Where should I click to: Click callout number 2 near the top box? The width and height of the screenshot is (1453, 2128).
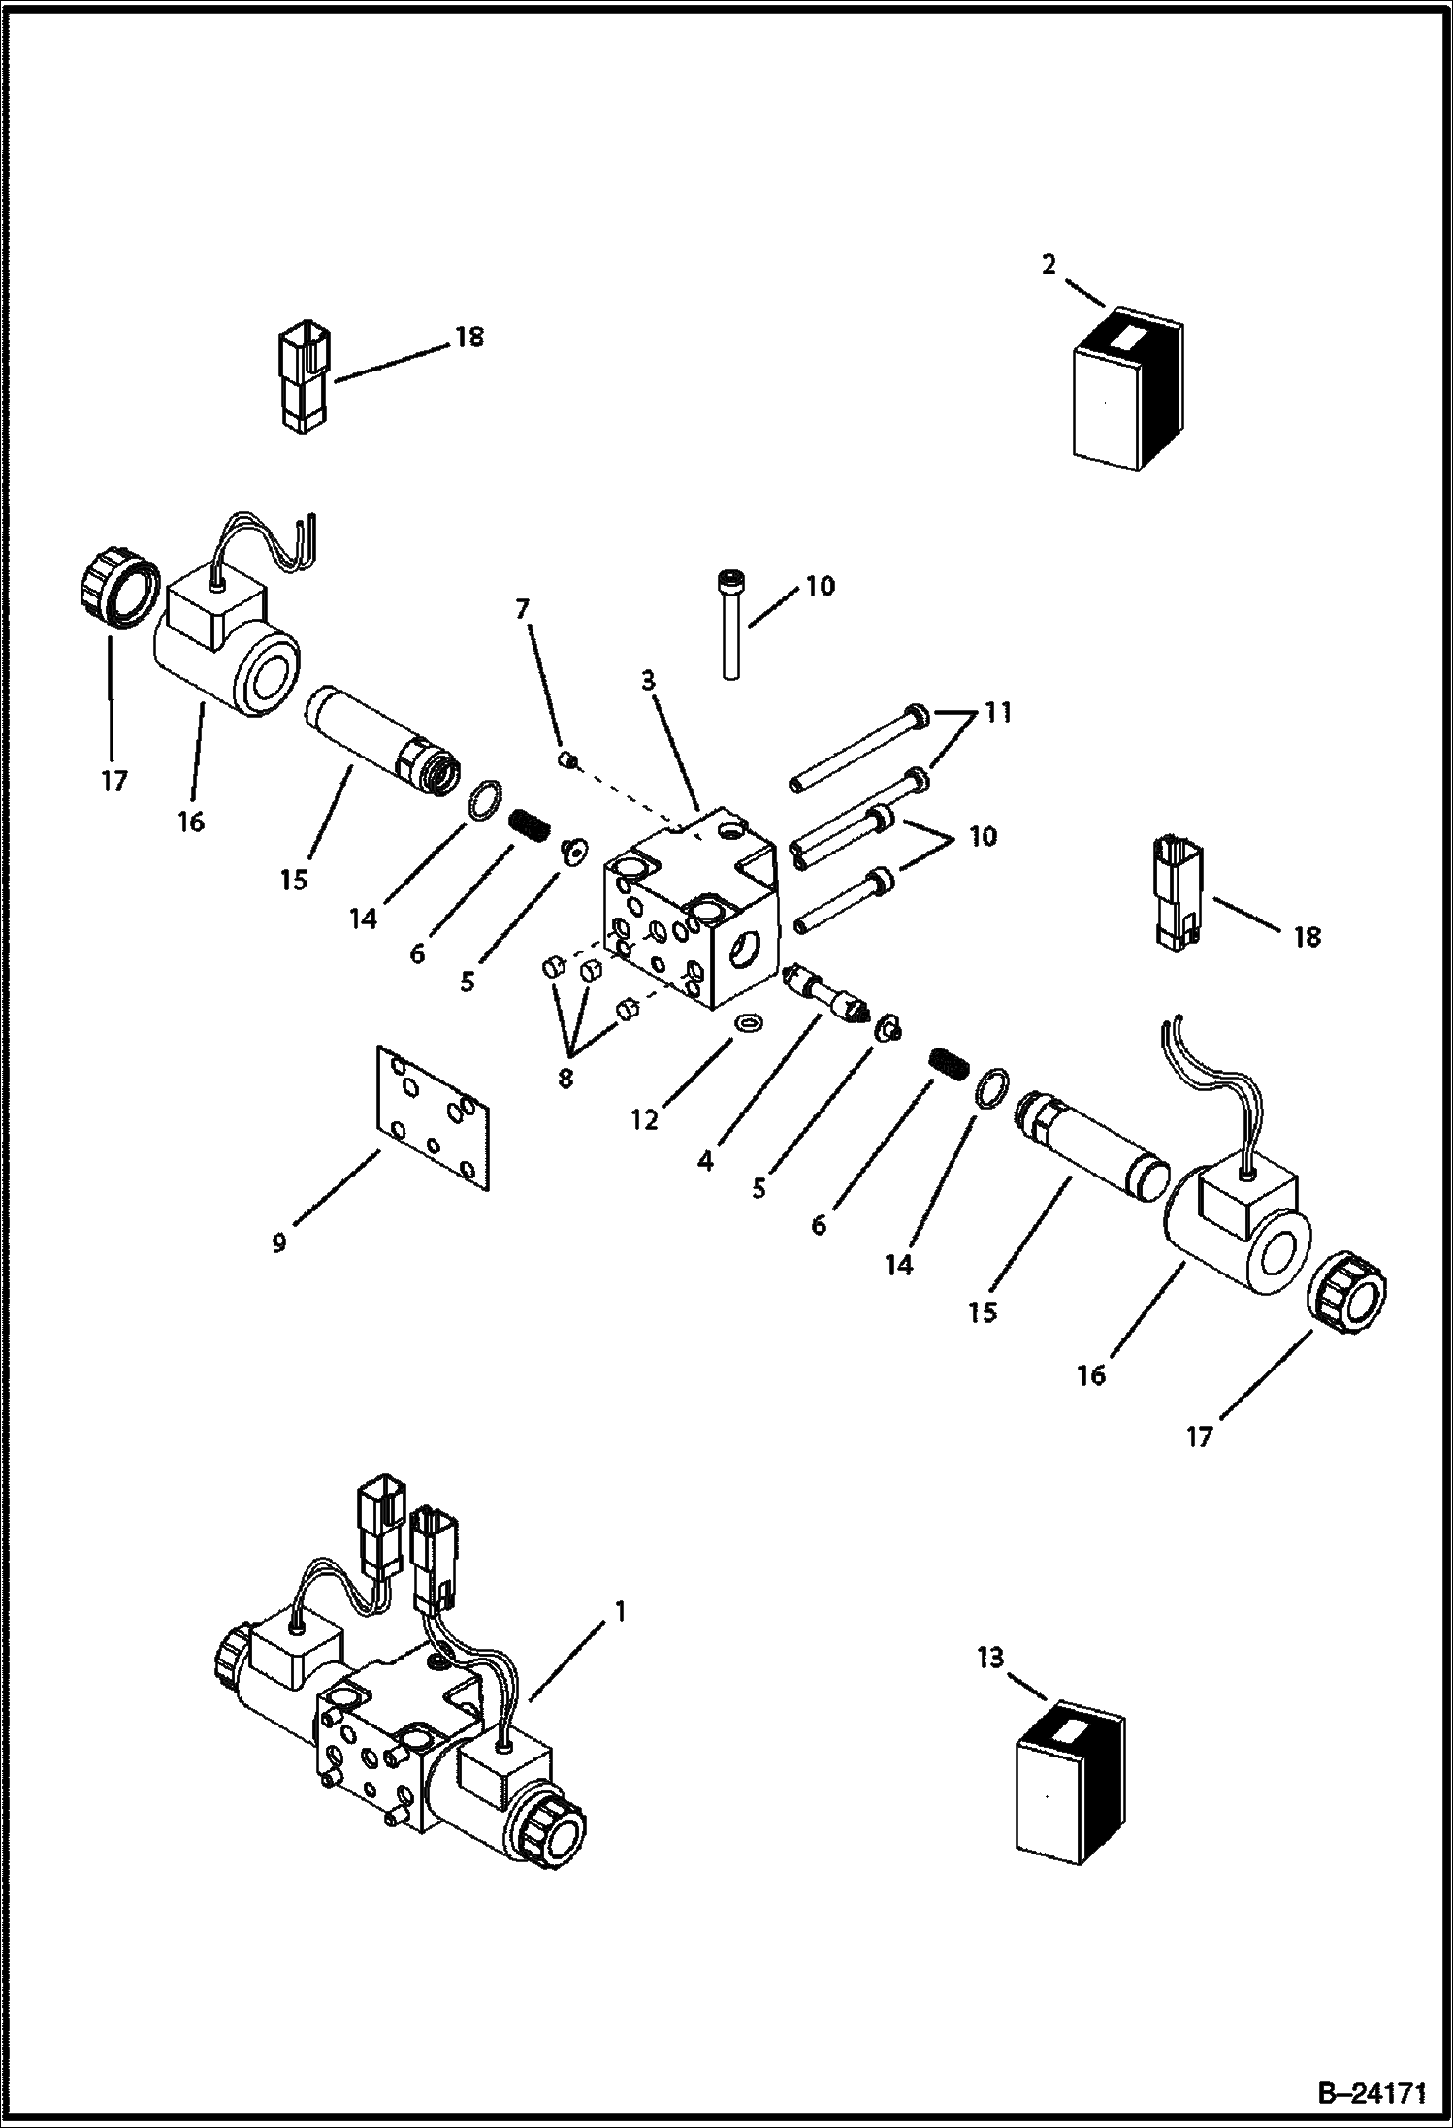click(1049, 265)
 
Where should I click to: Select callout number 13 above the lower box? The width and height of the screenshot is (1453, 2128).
click(990, 1658)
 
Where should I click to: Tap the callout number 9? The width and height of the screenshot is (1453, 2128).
click(279, 1242)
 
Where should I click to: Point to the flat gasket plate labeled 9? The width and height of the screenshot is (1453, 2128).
click(434, 1116)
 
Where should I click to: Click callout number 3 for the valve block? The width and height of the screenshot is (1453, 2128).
click(647, 681)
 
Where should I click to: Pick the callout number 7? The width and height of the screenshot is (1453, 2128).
click(523, 609)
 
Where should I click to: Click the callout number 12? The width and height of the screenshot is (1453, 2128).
click(644, 1119)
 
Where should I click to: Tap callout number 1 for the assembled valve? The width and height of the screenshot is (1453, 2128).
click(620, 1611)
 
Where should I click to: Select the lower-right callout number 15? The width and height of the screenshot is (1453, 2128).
click(983, 1311)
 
